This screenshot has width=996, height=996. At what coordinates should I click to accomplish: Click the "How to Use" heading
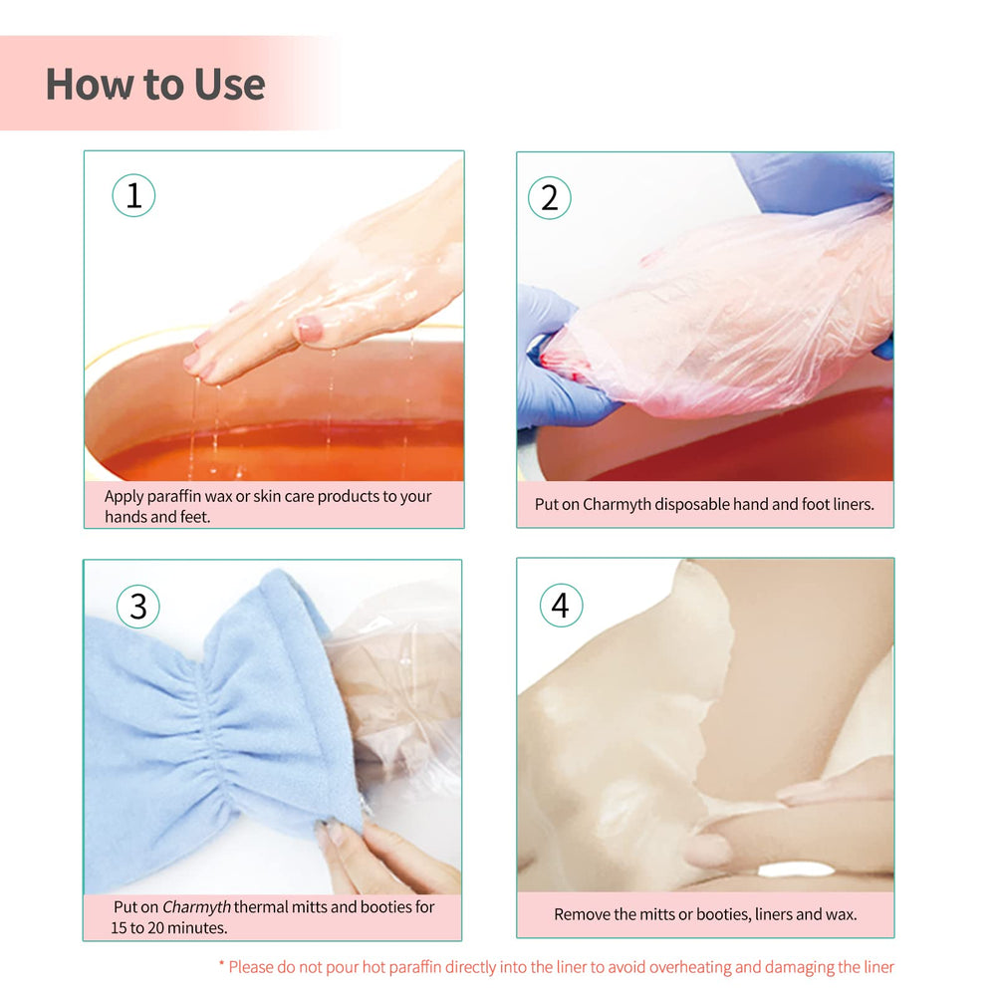[x=155, y=85]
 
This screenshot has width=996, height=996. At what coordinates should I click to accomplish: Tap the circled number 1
[x=133, y=195]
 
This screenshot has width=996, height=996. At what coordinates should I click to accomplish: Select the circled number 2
[x=550, y=197]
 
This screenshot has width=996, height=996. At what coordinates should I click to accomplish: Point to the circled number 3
[x=137, y=607]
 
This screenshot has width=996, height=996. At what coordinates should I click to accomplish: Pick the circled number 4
[x=561, y=606]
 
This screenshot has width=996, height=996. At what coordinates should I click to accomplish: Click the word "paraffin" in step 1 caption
[x=173, y=496]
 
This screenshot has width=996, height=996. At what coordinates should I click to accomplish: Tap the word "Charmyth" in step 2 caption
[x=617, y=504]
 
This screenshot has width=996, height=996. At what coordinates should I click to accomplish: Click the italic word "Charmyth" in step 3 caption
[x=196, y=906]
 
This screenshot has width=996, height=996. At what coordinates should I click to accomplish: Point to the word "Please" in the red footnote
[x=250, y=967]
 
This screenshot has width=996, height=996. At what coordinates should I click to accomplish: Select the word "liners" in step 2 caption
[x=854, y=504]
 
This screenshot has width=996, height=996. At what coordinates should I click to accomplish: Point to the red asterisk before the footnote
[x=222, y=963]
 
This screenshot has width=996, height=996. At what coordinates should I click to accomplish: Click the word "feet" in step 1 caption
[x=195, y=516]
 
